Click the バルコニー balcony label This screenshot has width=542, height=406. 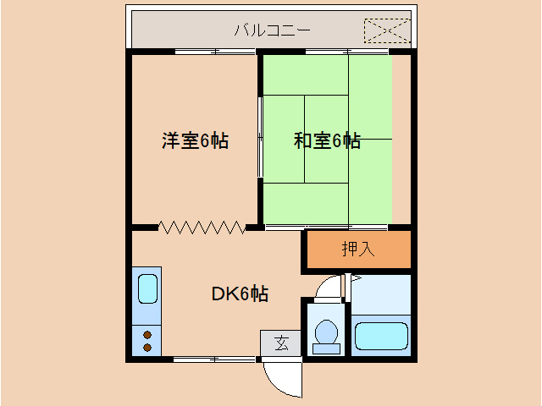click(272, 31)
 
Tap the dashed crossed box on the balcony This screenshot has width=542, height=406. click(386, 31)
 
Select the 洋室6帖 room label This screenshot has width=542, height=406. click(195, 140)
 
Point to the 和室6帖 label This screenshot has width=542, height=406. click(327, 140)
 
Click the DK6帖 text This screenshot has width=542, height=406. click(240, 294)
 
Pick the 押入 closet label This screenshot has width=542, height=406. click(357, 250)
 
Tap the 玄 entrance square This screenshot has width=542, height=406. click(280, 343)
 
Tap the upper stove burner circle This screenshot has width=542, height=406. click(147, 332)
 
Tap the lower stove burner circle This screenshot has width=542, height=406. click(147, 347)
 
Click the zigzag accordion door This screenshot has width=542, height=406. click(202, 227)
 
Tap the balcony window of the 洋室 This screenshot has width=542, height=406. click(216, 52)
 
